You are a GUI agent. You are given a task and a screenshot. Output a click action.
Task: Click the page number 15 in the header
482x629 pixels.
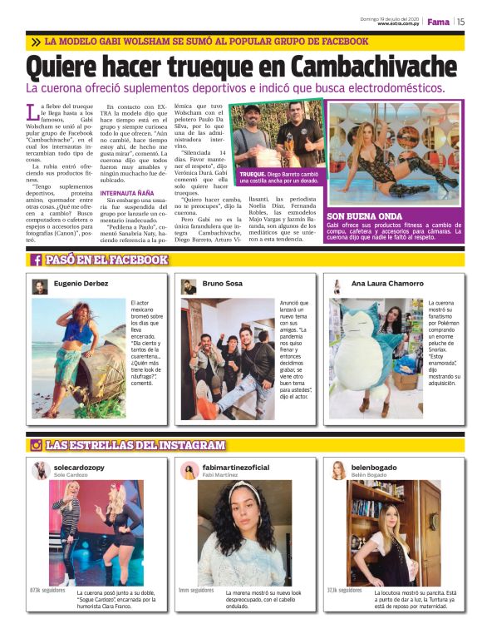tap(460, 22)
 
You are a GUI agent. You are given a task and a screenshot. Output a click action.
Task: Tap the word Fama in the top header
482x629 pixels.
tap(437, 22)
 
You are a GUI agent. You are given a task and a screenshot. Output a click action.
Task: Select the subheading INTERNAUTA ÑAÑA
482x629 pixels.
tap(127, 193)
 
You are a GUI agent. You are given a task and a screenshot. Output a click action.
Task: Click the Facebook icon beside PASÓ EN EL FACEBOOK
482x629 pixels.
tap(37, 260)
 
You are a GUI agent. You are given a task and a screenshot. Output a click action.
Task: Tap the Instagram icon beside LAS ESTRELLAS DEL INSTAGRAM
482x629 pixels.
tap(37, 446)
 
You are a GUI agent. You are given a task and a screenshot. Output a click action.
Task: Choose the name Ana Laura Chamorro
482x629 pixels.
tap(387, 285)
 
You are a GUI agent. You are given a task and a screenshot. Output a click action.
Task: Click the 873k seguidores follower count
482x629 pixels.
tap(47, 590)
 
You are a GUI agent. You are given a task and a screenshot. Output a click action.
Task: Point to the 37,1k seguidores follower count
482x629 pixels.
tap(344, 590)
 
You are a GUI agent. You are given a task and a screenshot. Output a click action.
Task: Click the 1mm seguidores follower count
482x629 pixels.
tap(196, 590)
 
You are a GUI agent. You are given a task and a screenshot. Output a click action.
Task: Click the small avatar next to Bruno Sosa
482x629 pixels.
tap(189, 286)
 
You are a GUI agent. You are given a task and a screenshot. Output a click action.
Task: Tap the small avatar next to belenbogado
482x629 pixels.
tap(338, 471)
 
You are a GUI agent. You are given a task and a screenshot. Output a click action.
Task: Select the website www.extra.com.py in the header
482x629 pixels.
tap(396, 24)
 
